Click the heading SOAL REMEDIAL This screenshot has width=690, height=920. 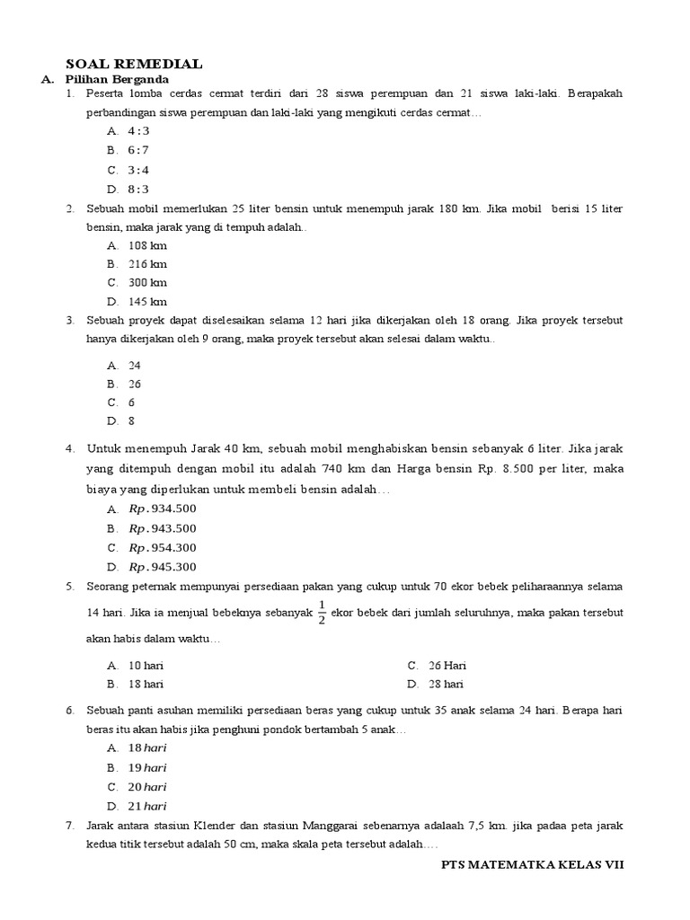(x=135, y=64)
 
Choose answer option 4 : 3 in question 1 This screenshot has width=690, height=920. (x=139, y=131)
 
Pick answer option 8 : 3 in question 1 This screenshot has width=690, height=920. (x=139, y=189)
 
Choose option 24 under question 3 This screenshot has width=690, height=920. (x=135, y=366)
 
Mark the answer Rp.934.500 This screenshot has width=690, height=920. (x=163, y=509)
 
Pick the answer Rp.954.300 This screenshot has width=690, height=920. (x=163, y=547)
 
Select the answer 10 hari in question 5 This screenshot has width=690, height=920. (x=146, y=666)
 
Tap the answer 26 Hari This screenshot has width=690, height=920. (x=447, y=666)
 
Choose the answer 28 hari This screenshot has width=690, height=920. (x=447, y=685)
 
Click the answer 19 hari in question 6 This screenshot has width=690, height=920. (x=147, y=767)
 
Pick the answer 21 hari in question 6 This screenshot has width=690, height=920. (x=147, y=806)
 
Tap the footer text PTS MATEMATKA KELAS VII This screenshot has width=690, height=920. (x=532, y=864)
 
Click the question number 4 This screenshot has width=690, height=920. (x=69, y=449)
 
